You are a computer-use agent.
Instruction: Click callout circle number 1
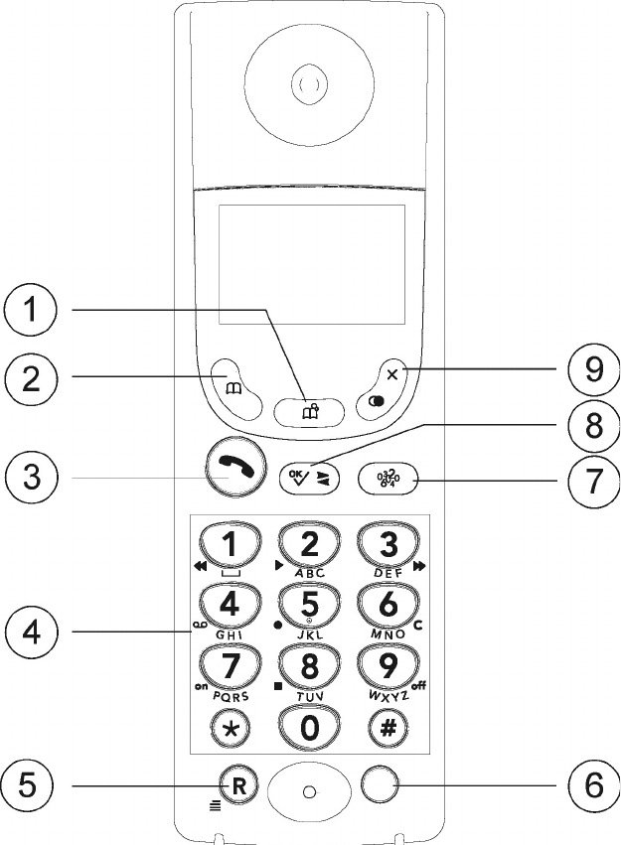click(x=34, y=311)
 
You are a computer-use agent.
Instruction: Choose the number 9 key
click(x=387, y=663)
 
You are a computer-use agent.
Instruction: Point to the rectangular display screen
click(x=312, y=264)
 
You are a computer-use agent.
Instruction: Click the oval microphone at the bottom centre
click(x=309, y=790)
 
